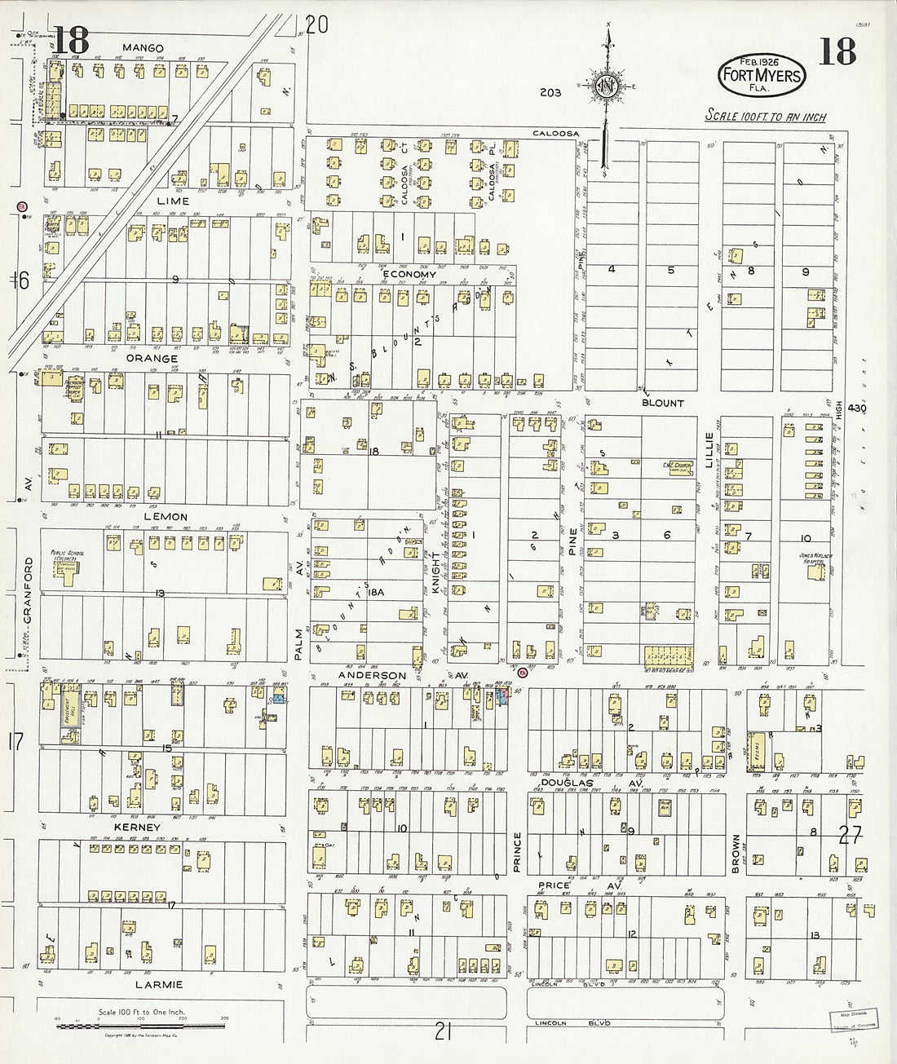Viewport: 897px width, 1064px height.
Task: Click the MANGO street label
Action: pyautogui.click(x=143, y=48)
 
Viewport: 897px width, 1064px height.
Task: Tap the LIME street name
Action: pyautogui.click(x=173, y=201)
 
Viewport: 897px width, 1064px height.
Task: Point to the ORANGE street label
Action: pyautogui.click(x=152, y=358)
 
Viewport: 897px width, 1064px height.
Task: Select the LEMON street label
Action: pyautogui.click(x=166, y=517)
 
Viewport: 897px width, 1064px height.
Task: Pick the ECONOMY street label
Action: pyautogui.click(x=409, y=275)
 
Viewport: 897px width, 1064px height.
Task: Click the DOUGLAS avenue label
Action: pyautogui.click(x=567, y=781)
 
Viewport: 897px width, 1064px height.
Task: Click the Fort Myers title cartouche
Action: pyautogui.click(x=760, y=74)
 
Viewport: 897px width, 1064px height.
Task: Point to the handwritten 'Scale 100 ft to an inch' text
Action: pyautogui.click(x=765, y=116)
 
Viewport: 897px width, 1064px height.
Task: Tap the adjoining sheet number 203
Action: pyautogui.click(x=550, y=92)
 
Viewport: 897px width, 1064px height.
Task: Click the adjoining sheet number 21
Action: pyautogui.click(x=442, y=1032)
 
